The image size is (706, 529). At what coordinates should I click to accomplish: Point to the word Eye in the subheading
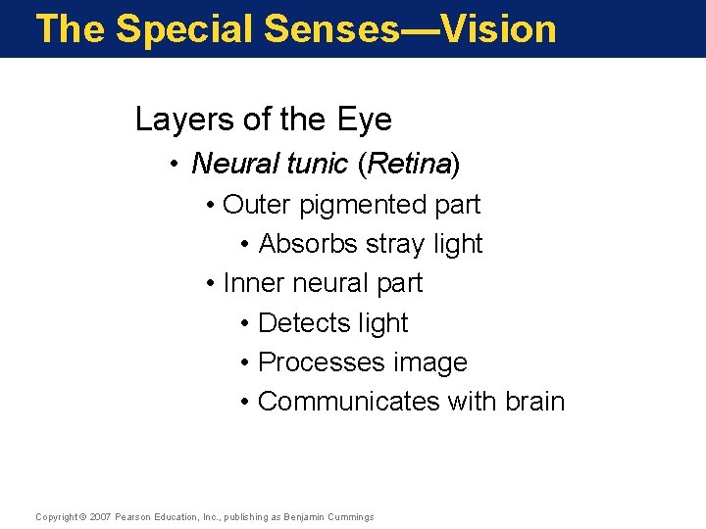pyautogui.click(x=364, y=120)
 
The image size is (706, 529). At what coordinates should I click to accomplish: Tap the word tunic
pyautogui.click(x=317, y=164)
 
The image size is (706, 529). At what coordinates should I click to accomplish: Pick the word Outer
pyautogui.click(x=257, y=205)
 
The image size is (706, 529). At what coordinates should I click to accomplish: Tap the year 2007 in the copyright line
pyautogui.click(x=100, y=517)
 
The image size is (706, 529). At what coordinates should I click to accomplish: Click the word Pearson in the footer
pyautogui.click(x=134, y=517)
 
